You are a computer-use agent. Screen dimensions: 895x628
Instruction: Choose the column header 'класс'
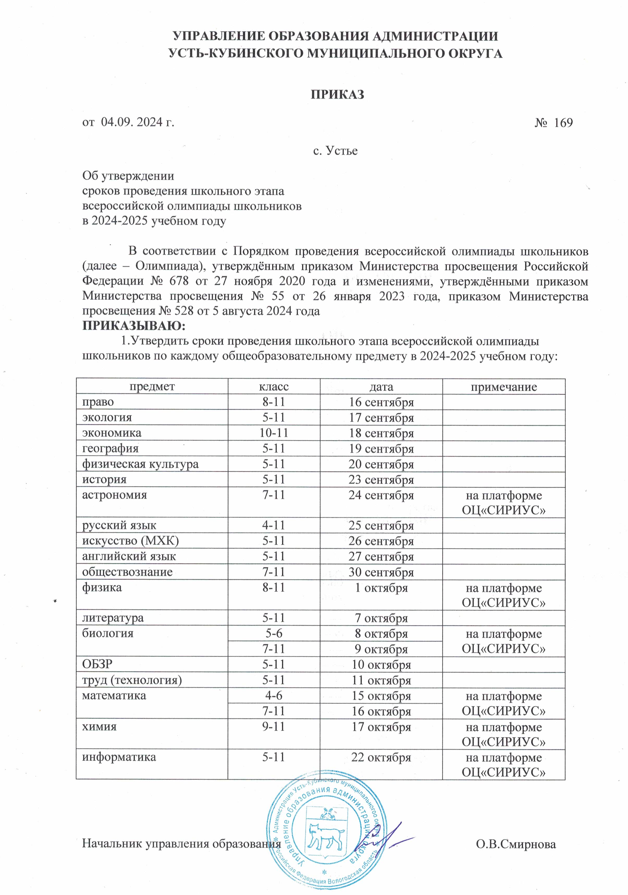[x=273, y=387]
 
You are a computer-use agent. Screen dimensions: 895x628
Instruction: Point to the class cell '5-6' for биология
[x=273, y=633]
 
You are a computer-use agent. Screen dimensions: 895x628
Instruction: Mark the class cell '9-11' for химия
[x=273, y=727]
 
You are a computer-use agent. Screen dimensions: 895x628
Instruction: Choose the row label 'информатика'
[x=119, y=757]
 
